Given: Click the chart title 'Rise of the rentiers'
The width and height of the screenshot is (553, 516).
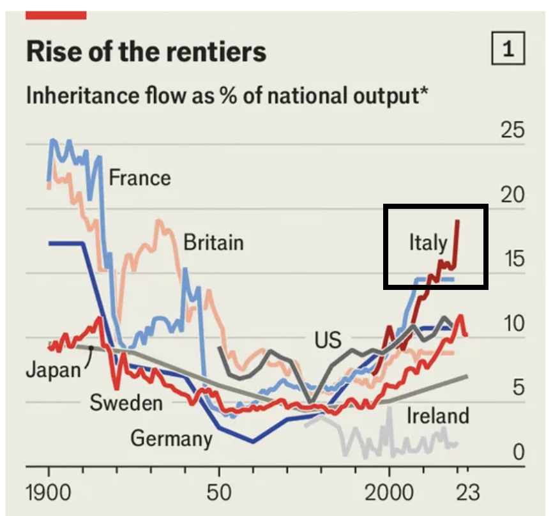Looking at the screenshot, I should point(146,52).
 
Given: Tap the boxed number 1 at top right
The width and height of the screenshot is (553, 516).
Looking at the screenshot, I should point(508,50).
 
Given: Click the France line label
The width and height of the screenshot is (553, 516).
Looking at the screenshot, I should point(140,177).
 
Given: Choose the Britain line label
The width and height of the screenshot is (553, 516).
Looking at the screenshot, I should point(213,243).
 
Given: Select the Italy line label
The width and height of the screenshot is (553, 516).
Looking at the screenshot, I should point(428,243).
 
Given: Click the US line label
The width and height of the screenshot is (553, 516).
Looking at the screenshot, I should point(328,340).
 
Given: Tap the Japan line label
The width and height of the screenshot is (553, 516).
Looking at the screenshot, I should point(54,370).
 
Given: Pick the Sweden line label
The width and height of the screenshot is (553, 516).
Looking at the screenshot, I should point(126,402).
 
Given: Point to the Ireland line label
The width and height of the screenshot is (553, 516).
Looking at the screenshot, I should point(438,416).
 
